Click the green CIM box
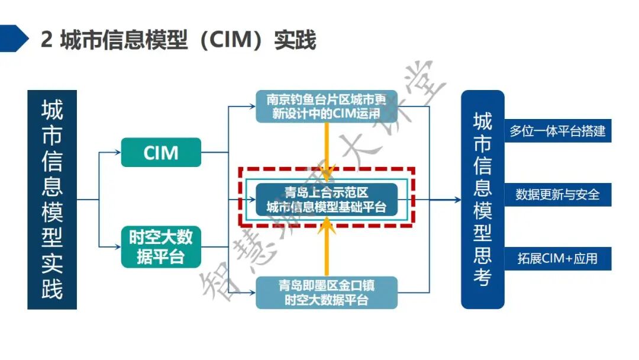161,152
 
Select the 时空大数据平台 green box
161,246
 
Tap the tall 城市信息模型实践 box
52,200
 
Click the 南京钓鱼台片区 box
326,106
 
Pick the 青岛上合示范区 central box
326,199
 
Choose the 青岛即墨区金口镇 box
326,292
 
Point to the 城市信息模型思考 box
482,200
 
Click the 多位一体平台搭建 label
557,131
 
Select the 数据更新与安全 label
557,194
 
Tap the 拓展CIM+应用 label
557,259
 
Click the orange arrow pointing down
326,151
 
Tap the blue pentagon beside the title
13,38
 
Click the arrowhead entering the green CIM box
118,152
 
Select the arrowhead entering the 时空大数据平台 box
118,246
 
